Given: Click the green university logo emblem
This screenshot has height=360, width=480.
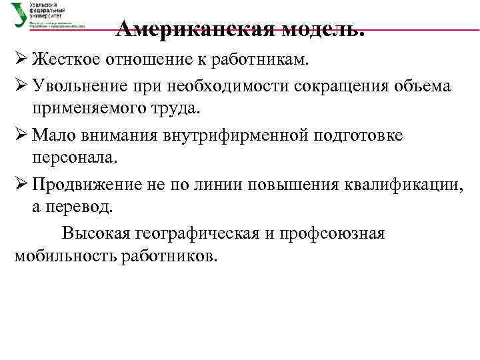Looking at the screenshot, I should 19,15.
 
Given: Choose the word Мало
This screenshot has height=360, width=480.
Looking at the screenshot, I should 53,135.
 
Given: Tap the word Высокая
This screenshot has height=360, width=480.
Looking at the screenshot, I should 95,234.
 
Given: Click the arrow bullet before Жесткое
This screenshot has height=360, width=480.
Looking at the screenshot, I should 20,61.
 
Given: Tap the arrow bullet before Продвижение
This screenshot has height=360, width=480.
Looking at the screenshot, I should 20,185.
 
